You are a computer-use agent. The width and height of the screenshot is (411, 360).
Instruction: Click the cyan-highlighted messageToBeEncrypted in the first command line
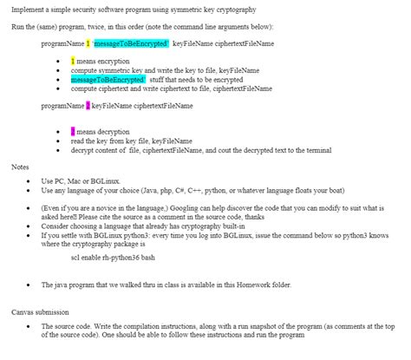(136, 43)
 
